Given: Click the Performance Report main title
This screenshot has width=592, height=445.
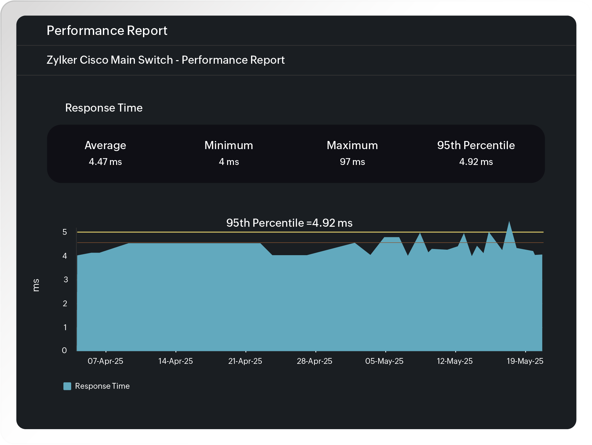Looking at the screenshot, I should [x=107, y=31].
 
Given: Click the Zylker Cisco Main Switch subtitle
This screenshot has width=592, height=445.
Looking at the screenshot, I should [x=165, y=60].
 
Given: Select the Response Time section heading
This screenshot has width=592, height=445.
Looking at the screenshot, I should [x=104, y=108].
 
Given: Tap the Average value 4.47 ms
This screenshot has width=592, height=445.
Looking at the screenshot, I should [x=105, y=162].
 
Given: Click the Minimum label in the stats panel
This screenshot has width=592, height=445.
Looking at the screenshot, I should [x=229, y=145].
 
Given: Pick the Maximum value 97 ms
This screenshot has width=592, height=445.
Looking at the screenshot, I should [x=352, y=162].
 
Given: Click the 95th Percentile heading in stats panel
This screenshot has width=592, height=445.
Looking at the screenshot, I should [x=476, y=145].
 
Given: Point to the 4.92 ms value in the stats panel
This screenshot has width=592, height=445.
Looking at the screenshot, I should [x=476, y=162].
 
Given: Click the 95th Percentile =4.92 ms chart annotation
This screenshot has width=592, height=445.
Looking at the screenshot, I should [x=289, y=223].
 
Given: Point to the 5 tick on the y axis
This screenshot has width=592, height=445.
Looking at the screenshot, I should [x=65, y=232].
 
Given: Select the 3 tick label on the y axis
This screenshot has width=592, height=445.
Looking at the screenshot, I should [x=66, y=279].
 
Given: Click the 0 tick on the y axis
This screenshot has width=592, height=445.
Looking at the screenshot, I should [x=64, y=350].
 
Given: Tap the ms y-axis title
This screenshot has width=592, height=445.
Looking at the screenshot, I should [x=36, y=285].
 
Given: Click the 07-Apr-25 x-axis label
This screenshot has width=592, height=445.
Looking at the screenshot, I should [x=105, y=361].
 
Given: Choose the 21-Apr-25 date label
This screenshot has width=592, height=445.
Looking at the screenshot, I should [x=245, y=361].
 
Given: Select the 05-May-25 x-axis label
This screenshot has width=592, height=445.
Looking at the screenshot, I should [x=384, y=361].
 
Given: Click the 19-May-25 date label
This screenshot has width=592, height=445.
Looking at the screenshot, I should [x=525, y=361].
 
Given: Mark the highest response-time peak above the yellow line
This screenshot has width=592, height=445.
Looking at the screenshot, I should [x=509, y=223].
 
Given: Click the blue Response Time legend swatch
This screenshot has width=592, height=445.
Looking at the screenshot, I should [x=67, y=386].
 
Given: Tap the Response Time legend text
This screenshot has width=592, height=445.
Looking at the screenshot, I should [x=102, y=386].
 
